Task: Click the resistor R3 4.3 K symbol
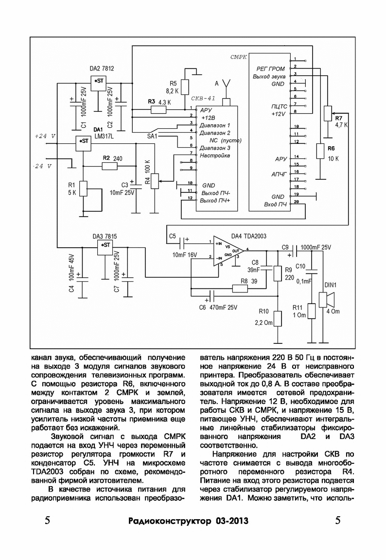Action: pos(158,109)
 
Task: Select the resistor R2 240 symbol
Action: pos(109,166)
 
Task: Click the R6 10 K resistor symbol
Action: pos(320,151)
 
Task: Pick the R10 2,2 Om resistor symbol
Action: pos(278,319)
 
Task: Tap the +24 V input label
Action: pos(45,136)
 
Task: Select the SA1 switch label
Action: pos(152,136)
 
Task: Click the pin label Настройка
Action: pos(215,156)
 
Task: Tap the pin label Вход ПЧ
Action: pos(276,204)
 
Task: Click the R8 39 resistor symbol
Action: pos(240,288)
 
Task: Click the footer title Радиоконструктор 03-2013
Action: pos(188,521)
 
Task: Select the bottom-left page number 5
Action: pos(47,520)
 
